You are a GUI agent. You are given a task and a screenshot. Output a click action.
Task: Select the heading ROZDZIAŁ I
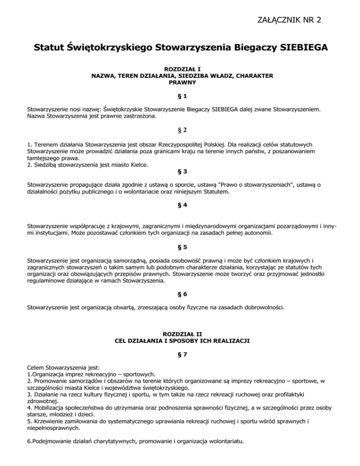click(x=180, y=68)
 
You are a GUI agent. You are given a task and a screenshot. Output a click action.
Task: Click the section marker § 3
click(x=180, y=172)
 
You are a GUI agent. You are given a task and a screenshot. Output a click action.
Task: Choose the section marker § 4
click(x=180, y=205)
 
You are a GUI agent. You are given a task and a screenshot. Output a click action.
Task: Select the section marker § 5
click(x=180, y=246)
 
